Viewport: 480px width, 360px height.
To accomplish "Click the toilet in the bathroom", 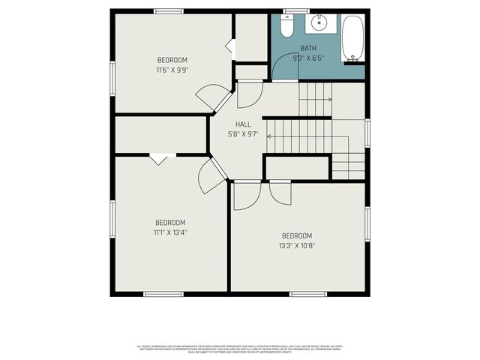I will (x=286, y=27).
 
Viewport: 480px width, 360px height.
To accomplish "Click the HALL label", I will (x=244, y=124).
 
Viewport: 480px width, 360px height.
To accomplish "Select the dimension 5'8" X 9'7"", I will (x=244, y=134).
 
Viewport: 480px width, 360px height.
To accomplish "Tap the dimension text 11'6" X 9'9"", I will (x=172, y=70).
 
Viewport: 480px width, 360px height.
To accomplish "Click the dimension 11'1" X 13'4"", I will (x=170, y=232).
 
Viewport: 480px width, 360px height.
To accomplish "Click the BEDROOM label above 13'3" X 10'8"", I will (x=296, y=235).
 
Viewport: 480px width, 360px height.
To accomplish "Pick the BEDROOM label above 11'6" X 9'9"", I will (x=172, y=60).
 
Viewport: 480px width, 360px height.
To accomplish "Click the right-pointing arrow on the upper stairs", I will (x=329, y=98).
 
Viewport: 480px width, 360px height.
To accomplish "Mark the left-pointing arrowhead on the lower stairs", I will (x=269, y=136).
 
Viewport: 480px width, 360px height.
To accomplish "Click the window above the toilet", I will (x=295, y=10).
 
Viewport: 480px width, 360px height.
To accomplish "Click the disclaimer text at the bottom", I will (x=240, y=349).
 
